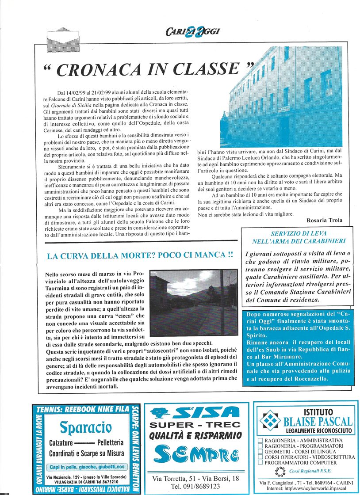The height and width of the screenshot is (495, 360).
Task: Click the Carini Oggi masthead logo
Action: point(192,31)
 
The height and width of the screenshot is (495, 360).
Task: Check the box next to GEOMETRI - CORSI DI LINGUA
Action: point(260,452)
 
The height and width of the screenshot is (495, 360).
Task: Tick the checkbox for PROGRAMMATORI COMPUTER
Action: point(260,463)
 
